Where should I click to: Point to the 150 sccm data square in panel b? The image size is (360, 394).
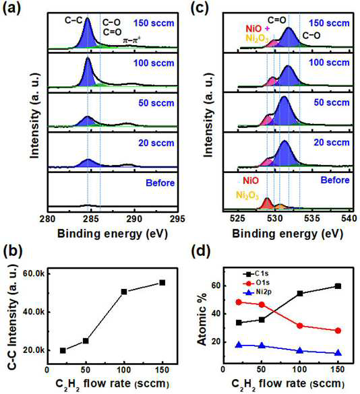click(x=162, y=283)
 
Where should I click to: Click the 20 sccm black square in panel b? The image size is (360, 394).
click(x=63, y=350)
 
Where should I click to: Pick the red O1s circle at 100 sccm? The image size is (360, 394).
click(x=299, y=326)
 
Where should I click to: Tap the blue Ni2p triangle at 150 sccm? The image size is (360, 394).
click(x=338, y=353)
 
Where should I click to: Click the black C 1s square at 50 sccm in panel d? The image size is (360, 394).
click(x=262, y=320)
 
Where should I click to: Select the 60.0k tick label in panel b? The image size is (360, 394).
click(x=34, y=273)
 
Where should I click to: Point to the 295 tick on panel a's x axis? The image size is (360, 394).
click(x=177, y=219)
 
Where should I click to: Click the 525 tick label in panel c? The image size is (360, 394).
click(x=237, y=218)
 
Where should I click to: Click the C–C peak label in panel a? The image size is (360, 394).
click(x=73, y=20)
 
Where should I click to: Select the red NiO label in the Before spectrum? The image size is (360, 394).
click(x=251, y=180)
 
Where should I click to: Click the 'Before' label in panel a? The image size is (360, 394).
click(x=160, y=183)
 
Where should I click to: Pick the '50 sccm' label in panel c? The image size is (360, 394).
click(x=332, y=102)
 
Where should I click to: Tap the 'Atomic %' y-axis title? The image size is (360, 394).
click(x=202, y=319)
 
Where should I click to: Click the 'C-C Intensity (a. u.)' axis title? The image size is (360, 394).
click(x=13, y=316)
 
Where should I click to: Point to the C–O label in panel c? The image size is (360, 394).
click(x=311, y=36)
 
